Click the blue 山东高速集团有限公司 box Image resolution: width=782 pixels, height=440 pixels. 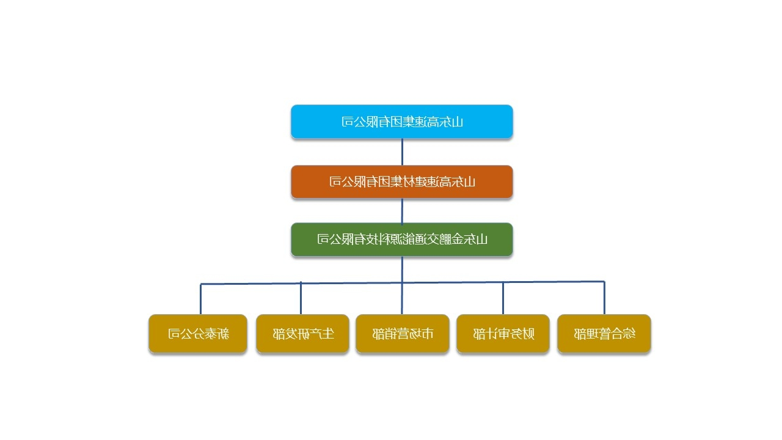coord(401,122)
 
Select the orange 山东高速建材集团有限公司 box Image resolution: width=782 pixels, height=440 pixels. coord(401,182)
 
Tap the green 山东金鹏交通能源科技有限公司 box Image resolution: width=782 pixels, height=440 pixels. coord(401,239)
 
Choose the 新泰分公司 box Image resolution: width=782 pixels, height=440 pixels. coord(198,334)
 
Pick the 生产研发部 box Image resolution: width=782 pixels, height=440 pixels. coord(302,334)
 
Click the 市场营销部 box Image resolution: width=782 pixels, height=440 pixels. coord(402,334)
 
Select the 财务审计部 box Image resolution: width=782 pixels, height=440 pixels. coord(503,334)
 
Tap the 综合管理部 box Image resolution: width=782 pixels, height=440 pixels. coord(604,334)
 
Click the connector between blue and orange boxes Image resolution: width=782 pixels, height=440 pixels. coord(402,152)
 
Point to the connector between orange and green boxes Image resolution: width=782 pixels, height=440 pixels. coord(402,211)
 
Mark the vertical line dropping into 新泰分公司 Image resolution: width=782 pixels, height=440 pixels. coord(201,299)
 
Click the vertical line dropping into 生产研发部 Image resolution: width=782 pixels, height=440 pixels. coord(301,298)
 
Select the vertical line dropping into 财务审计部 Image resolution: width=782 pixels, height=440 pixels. coord(503,298)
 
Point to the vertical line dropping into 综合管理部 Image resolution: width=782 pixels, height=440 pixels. coord(604,298)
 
